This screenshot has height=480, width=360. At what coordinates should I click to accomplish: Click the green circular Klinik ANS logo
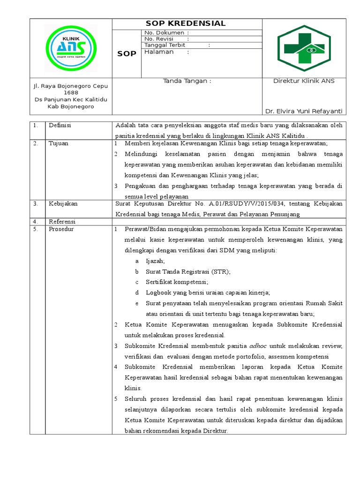pyautogui.click(x=71, y=48)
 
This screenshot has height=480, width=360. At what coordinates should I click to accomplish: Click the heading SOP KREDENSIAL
pyautogui.click(x=186, y=23)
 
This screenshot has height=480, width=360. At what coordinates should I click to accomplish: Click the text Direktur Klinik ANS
pyautogui.click(x=304, y=81)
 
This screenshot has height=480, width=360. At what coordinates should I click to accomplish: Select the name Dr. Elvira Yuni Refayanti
pyautogui.click(x=304, y=111)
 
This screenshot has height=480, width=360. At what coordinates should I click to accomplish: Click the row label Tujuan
pyautogui.click(x=59, y=143)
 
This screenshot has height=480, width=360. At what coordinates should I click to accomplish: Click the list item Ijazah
pyautogui.click(x=155, y=261)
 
